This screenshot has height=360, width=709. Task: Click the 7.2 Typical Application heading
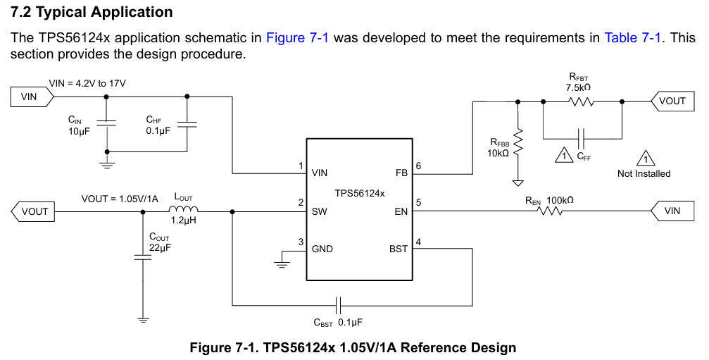(x=92, y=12)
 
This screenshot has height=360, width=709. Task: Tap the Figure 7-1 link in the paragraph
(x=297, y=38)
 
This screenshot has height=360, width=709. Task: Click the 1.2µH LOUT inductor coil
(x=184, y=210)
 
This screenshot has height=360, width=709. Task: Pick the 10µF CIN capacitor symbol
(x=106, y=124)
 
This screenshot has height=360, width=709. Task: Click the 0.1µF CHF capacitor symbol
(x=187, y=124)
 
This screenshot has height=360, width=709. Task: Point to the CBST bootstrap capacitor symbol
(x=339, y=305)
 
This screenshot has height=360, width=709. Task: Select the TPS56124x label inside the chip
(x=360, y=192)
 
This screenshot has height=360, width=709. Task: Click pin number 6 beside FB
(x=418, y=166)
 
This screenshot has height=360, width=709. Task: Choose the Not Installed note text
(x=644, y=173)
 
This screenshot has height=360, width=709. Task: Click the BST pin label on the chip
(x=398, y=249)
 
